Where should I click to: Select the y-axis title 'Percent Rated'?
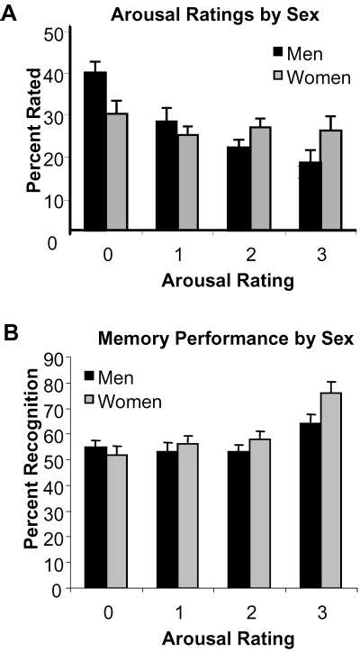(33, 133)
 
